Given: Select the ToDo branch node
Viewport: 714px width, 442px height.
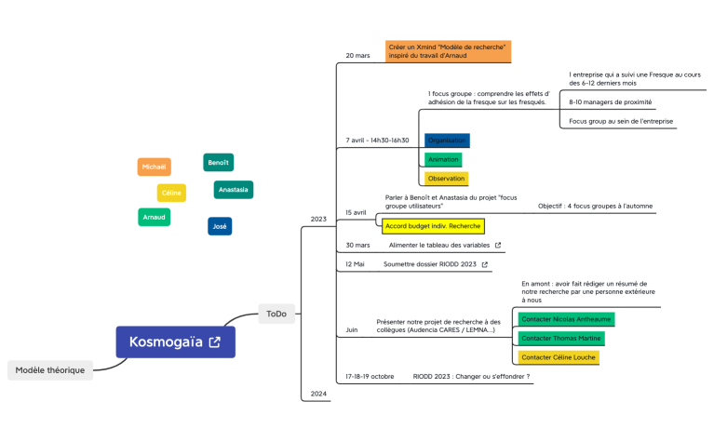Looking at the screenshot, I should [x=276, y=314].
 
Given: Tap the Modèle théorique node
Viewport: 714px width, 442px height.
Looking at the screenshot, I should [x=50, y=369].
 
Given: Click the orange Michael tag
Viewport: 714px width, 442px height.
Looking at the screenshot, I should [x=154, y=167].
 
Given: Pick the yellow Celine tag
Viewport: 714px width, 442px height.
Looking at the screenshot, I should [x=171, y=193].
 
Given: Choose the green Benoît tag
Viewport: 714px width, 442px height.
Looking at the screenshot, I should [x=218, y=162].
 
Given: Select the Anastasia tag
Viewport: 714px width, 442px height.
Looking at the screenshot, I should [x=233, y=190].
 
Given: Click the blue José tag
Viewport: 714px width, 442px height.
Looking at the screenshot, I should [x=220, y=226].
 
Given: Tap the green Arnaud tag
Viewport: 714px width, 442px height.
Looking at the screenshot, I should [x=155, y=217].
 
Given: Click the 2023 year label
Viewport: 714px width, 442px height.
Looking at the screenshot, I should [x=318, y=220].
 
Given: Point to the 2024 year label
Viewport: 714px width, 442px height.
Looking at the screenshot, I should [x=318, y=394].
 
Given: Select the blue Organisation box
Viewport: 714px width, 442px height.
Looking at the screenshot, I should [x=447, y=141].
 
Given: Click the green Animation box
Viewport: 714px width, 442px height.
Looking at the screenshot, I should [x=443, y=159].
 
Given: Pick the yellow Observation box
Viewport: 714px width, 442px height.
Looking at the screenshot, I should [x=446, y=178].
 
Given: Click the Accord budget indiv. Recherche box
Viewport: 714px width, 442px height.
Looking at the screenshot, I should [x=433, y=225].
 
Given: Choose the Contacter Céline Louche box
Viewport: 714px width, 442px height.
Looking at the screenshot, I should [x=558, y=357].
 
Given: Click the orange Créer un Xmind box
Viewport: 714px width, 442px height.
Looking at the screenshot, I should [x=448, y=50].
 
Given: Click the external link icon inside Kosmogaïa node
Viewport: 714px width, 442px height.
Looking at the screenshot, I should [x=215, y=342].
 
